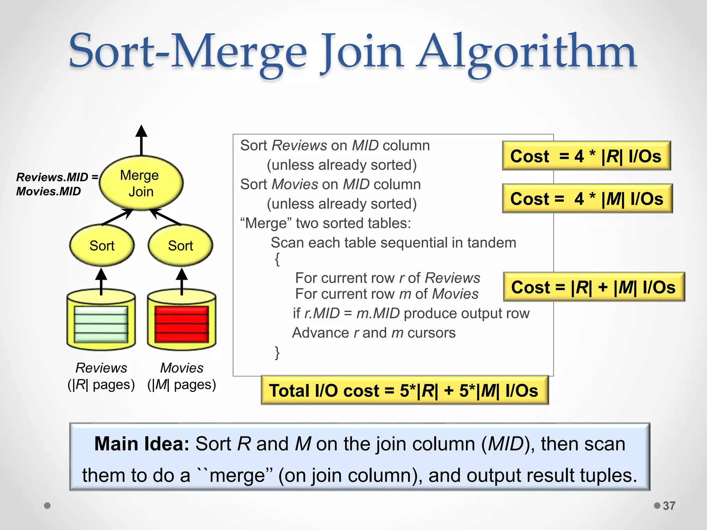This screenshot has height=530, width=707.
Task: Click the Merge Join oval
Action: coord(141,183)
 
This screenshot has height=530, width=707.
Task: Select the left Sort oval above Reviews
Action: coord(102,246)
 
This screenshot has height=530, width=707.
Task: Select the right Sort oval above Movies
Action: coord(180,246)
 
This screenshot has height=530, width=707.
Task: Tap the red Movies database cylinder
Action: coord(182,321)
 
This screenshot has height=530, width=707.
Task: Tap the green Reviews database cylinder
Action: coord(101,321)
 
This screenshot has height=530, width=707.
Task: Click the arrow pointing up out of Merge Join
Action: coord(141,140)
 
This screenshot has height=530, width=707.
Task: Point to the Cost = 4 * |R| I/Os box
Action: coord(586,156)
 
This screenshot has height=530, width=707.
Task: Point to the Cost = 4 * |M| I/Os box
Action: coord(587,199)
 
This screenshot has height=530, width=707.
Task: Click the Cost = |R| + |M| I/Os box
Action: coord(593,287)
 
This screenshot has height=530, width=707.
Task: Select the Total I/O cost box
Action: coord(404,391)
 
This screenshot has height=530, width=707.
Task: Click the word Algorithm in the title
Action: coord(526,52)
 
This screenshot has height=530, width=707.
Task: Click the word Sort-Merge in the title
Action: coord(188,52)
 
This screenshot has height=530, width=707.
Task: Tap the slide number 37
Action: coord(669,506)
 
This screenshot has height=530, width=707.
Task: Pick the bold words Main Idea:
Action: coord(142,444)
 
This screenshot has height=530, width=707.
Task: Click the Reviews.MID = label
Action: coord(57,177)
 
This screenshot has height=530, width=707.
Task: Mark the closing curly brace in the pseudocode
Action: coord(277,353)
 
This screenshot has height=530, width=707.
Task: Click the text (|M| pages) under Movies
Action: coord(182,384)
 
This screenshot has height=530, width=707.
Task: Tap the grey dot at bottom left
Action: coord(48,506)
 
